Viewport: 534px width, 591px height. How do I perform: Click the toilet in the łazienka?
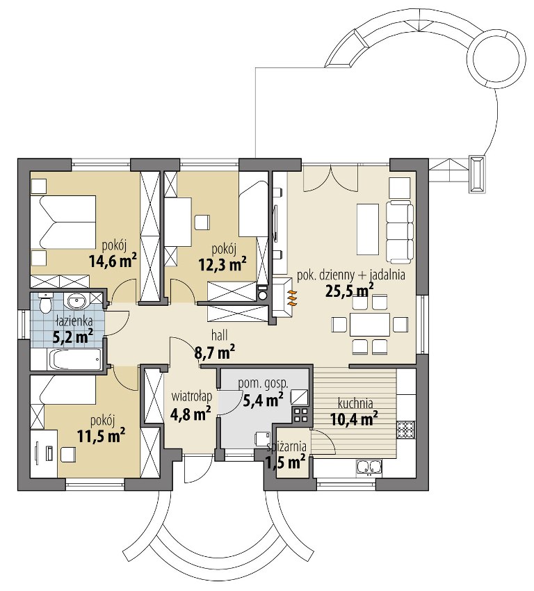pyautogui.click(x=45, y=302)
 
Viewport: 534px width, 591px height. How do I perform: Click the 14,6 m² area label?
pyautogui.click(x=113, y=260)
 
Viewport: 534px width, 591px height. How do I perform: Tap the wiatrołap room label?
pyautogui.click(x=191, y=397)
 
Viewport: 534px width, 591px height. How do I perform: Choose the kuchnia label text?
pyautogui.click(x=355, y=404)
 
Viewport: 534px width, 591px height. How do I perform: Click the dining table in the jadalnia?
pyautogui.click(x=369, y=324)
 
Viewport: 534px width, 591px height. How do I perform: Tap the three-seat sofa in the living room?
pyautogui.click(x=400, y=232)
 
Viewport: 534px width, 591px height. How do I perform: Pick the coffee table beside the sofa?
pyautogui.click(x=367, y=229)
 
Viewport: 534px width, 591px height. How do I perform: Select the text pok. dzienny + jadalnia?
pyautogui.click(x=351, y=275)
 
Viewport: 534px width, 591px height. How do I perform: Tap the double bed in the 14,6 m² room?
pyautogui.click(x=63, y=222)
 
